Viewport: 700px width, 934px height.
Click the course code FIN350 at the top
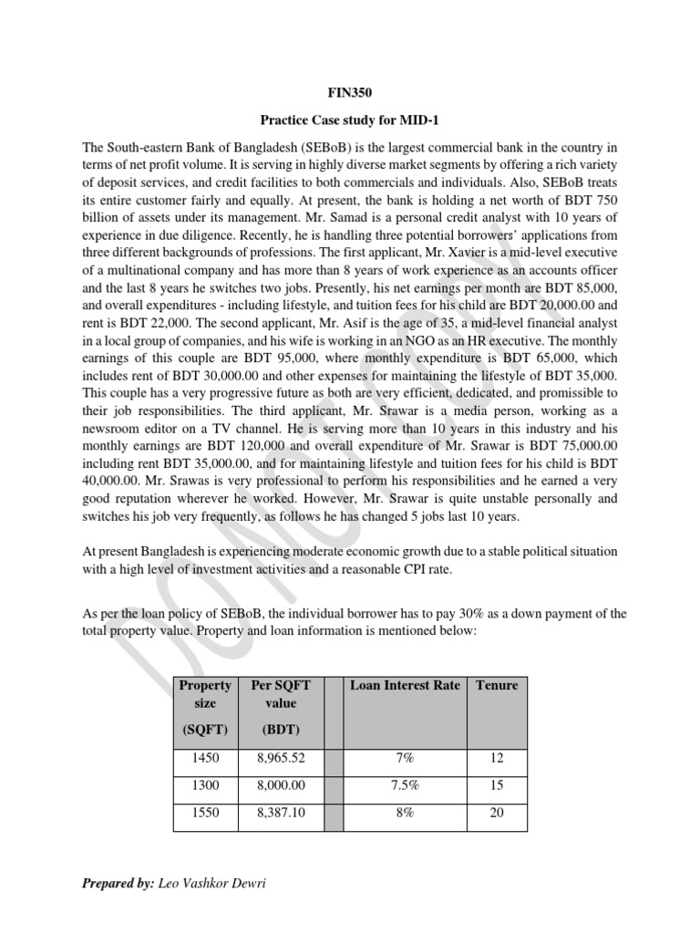(x=350, y=93)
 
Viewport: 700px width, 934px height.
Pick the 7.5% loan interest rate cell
(x=405, y=784)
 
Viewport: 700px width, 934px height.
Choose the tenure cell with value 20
(x=496, y=812)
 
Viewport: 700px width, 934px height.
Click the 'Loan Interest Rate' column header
(x=405, y=685)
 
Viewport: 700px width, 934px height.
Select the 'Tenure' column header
(x=496, y=685)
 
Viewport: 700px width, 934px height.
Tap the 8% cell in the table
(x=405, y=812)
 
